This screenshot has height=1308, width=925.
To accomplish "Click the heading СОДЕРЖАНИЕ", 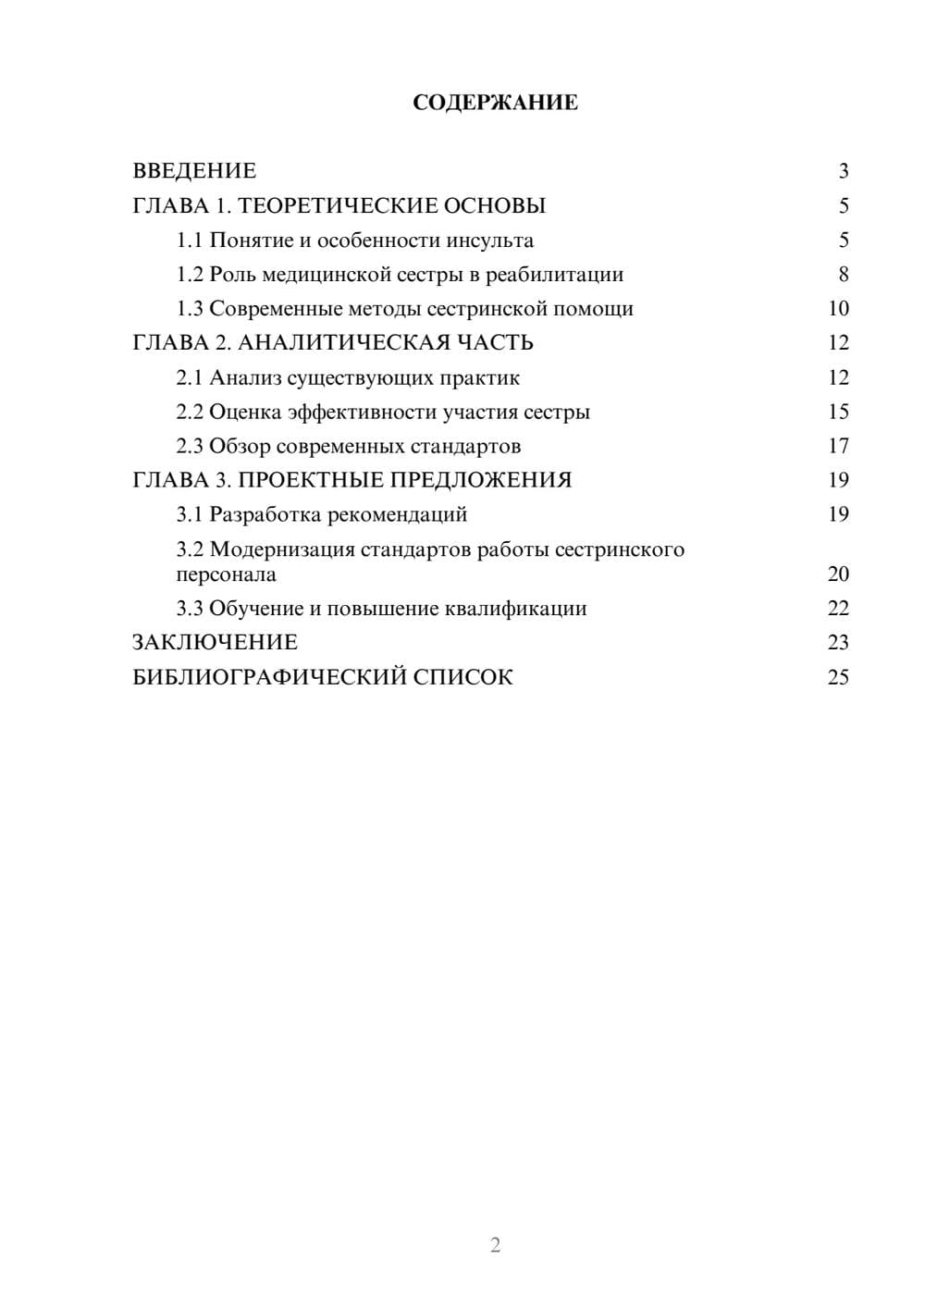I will pos(495,103).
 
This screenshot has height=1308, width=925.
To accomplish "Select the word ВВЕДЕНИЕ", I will pos(194,171).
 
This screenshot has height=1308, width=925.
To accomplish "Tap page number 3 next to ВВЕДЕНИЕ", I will pos(844,171).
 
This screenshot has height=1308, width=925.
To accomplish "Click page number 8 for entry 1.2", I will pos(844,275).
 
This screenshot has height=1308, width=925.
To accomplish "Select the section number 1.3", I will pos(190,309).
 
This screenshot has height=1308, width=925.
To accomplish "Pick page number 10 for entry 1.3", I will pos(838,309).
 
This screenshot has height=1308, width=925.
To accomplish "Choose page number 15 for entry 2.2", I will pos(838,412).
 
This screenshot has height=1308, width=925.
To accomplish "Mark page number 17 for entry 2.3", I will pos(838,446).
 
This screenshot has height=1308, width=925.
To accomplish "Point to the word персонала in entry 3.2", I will pos(226,574).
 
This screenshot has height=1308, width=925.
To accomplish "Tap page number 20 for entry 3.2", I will pos(838,574).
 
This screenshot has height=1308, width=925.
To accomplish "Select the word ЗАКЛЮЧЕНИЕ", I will pos(215,642).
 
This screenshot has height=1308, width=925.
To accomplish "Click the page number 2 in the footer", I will pos(495,1245).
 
